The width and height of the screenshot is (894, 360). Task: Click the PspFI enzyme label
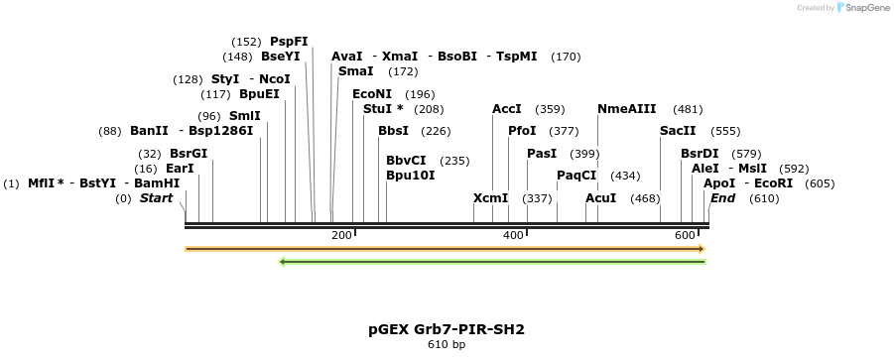(x=289, y=42)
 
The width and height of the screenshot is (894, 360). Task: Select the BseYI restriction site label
(x=280, y=57)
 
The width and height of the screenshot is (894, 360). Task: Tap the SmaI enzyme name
(x=356, y=71)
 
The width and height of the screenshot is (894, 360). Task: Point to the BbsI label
(x=393, y=131)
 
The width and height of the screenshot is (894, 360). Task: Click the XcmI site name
(x=490, y=198)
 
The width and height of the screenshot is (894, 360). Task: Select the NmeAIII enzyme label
(x=627, y=109)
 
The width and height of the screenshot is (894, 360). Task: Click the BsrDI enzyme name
(x=700, y=154)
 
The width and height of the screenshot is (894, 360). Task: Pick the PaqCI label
(x=576, y=176)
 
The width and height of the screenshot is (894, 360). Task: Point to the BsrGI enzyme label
(x=189, y=154)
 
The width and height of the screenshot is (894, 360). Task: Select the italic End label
(x=722, y=198)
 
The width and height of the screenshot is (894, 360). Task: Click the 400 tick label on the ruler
(x=513, y=235)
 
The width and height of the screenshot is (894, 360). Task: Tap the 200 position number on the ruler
(x=341, y=235)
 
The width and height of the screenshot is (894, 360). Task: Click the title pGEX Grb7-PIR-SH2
(x=447, y=328)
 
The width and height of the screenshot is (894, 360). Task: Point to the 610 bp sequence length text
(x=447, y=345)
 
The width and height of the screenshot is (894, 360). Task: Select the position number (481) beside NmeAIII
(x=688, y=109)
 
